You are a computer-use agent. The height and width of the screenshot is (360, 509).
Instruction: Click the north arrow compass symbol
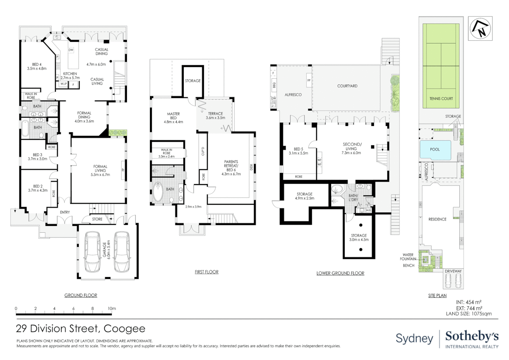coord(480,29)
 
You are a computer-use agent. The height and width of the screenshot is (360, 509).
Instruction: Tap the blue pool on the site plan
coord(435,149)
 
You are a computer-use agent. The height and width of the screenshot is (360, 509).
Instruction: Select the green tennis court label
coord(441,98)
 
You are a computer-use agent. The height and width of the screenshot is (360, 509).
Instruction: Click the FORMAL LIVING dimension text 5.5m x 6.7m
coord(100,175)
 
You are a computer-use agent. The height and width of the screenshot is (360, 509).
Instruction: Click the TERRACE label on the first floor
coord(216,113)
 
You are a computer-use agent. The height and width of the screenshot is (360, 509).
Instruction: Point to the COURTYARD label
coord(347,86)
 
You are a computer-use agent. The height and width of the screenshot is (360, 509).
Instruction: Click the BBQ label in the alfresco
coord(274,85)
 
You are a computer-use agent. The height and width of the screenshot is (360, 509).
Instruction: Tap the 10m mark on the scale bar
coord(112,309)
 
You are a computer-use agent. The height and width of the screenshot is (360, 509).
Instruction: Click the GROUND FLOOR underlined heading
coord(81,295)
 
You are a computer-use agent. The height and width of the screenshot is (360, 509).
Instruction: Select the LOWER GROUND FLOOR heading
coord(340,273)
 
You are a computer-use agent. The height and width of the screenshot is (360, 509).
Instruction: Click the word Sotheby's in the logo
coord(472,336)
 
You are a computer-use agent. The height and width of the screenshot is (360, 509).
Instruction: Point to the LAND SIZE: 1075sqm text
coord(469,314)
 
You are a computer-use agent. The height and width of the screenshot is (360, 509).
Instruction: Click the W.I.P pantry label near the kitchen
coord(64,84)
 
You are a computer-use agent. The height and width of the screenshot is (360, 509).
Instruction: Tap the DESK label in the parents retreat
coord(251,167)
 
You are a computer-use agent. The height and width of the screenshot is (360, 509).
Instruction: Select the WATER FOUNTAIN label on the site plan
coord(408,257)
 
